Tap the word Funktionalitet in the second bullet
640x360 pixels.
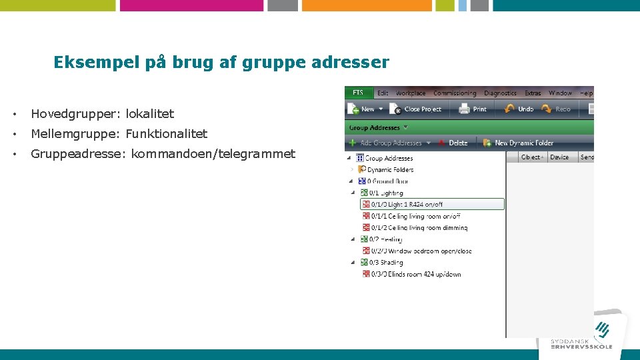(167, 134)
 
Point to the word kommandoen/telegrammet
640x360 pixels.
(213, 154)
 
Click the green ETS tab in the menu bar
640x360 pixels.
(358, 93)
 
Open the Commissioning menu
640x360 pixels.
(455, 93)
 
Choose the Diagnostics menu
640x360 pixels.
(500, 93)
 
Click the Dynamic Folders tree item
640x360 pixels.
(390, 170)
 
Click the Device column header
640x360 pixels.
(559, 157)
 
